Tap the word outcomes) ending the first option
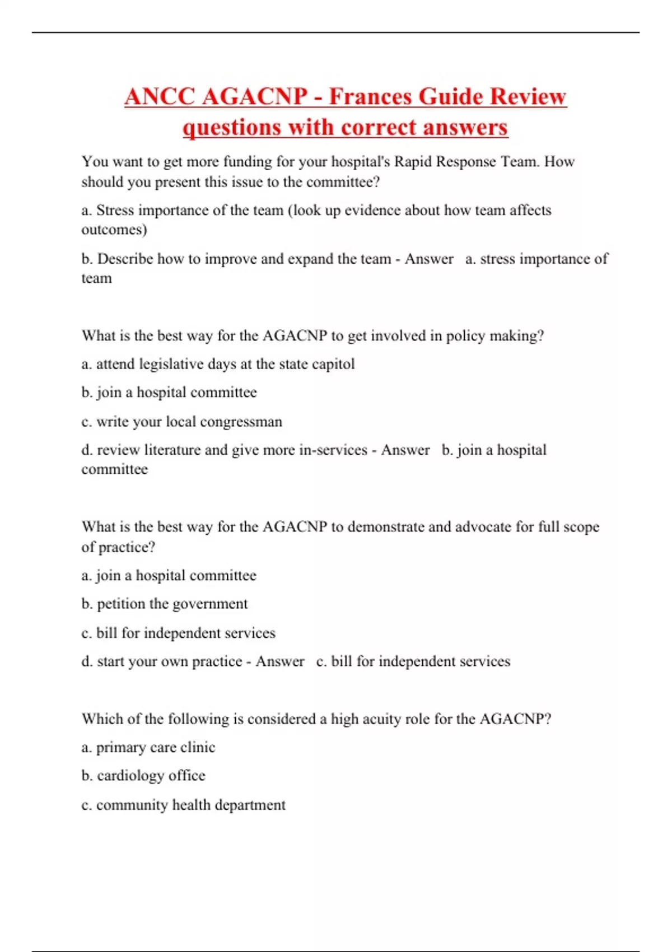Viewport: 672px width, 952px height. pos(114,230)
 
